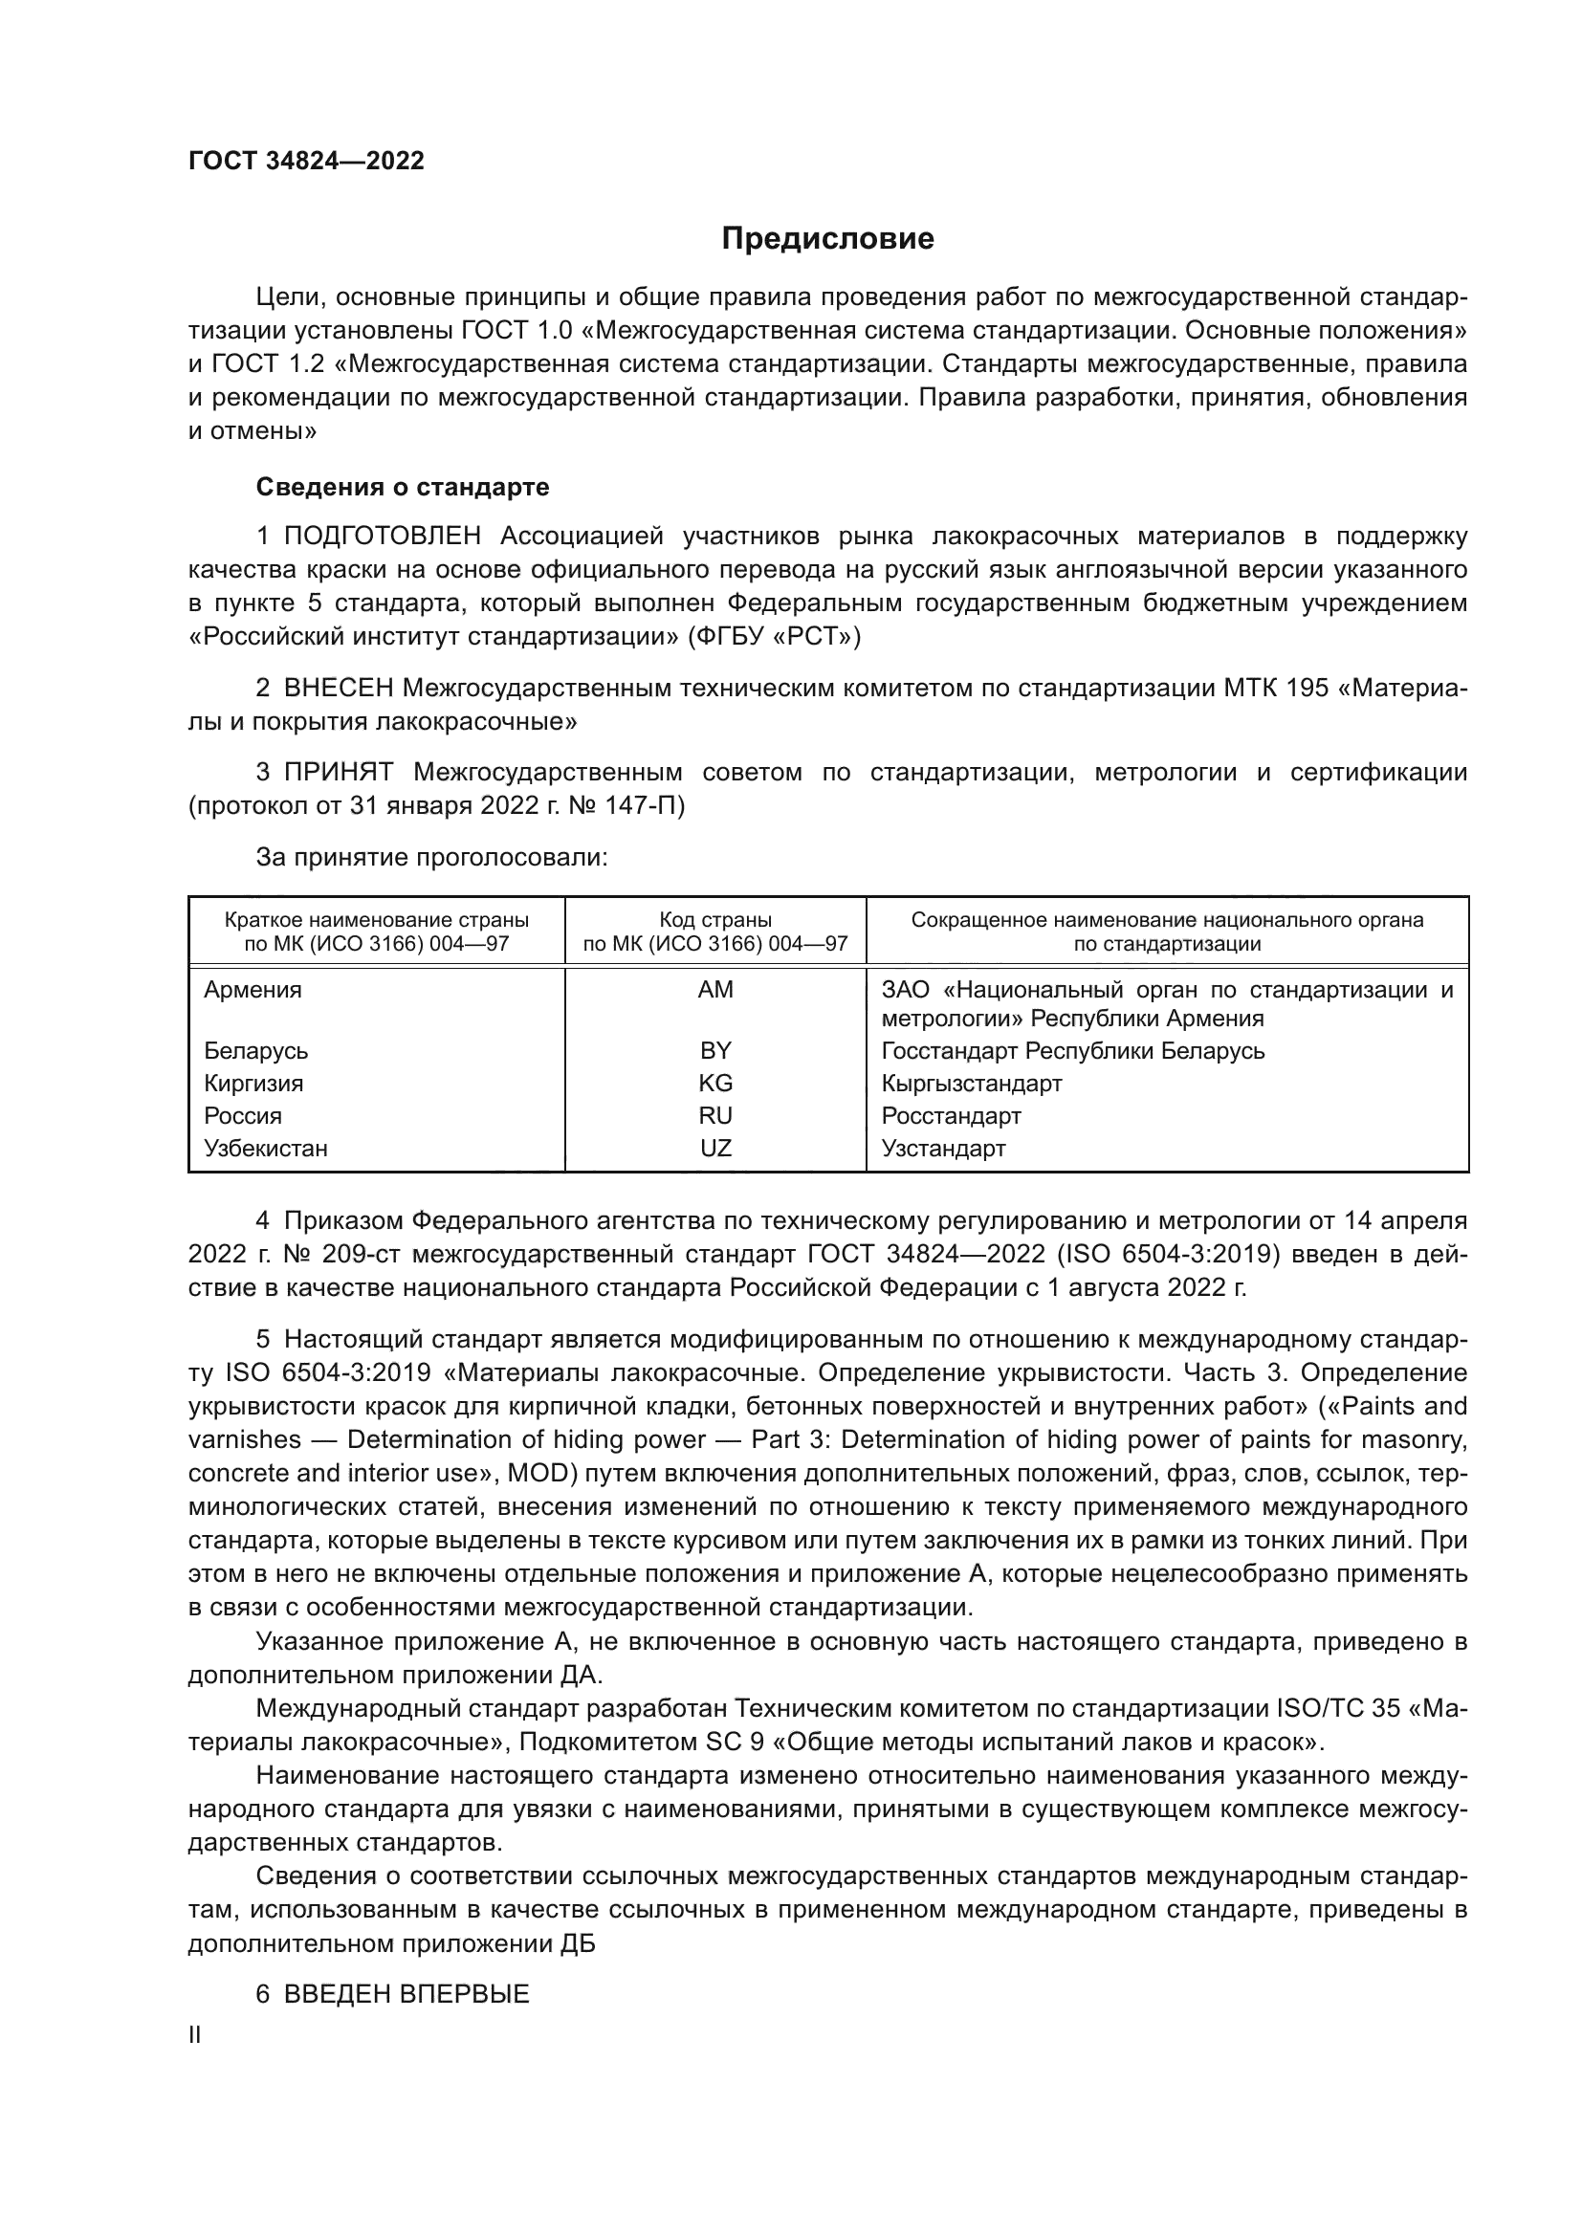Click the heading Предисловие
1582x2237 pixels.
[827, 239]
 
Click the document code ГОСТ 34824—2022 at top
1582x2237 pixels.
[306, 161]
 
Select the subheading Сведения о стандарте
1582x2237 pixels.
[403, 486]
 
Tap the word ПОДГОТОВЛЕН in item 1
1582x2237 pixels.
[382, 536]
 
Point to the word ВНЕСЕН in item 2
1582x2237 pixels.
[338, 688]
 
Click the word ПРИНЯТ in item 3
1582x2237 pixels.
[338, 773]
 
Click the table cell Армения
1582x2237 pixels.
[253, 990]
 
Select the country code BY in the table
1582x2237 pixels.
[715, 1050]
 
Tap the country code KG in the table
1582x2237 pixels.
[715, 1084]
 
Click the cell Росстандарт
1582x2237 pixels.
[951, 1115]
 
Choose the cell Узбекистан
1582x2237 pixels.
[265, 1148]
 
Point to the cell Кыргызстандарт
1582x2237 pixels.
[971, 1084]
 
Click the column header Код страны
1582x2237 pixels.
[715, 920]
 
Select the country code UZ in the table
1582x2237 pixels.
[715, 1148]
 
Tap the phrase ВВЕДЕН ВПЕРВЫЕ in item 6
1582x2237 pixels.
[406, 1993]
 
